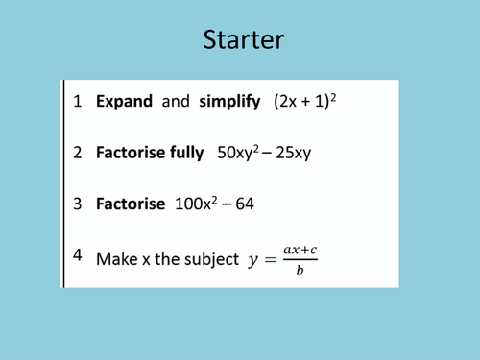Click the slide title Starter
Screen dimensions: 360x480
tap(243, 40)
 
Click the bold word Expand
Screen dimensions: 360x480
tap(124, 102)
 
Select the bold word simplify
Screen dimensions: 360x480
tap(229, 102)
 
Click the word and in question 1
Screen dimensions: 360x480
tap(176, 102)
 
